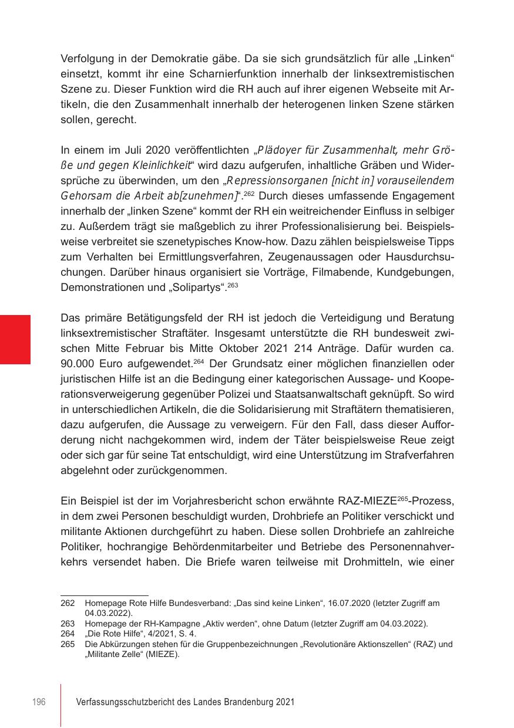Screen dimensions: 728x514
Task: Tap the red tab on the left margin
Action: [x=15, y=340]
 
